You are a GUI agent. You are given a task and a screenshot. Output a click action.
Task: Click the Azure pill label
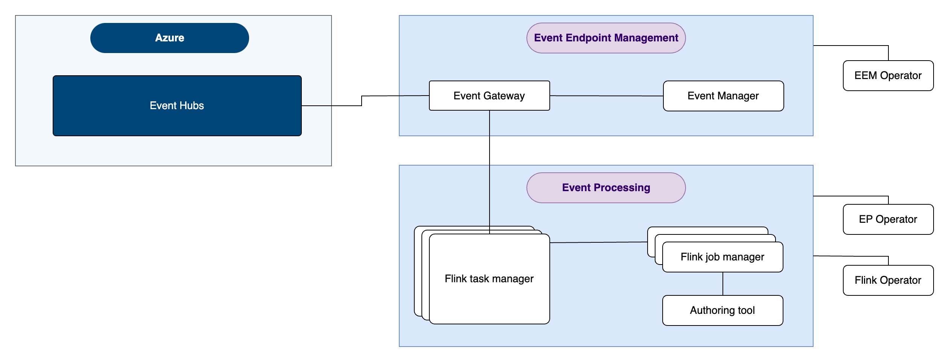(x=169, y=38)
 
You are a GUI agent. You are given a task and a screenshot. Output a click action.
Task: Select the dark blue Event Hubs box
(x=177, y=106)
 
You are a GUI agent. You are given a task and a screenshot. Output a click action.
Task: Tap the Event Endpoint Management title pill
(x=606, y=38)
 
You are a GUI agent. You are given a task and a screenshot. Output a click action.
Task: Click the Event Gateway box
(x=489, y=96)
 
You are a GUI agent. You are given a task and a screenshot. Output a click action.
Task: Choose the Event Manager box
(x=723, y=96)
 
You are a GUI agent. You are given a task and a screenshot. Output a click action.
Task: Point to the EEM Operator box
(x=888, y=76)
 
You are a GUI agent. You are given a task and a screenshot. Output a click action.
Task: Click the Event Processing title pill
(x=606, y=188)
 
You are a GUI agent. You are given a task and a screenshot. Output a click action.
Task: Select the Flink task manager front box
(x=489, y=279)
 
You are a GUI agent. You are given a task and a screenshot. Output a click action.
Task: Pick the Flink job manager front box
(x=722, y=257)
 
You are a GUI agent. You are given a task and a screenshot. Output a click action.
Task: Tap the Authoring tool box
(x=722, y=310)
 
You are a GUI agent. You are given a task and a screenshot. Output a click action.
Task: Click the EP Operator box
(x=888, y=219)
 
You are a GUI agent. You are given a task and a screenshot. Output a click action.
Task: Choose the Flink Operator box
(x=888, y=280)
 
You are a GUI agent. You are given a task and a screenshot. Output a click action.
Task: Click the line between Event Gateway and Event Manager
(x=607, y=96)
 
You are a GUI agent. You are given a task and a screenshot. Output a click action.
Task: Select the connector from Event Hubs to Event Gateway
(x=362, y=100)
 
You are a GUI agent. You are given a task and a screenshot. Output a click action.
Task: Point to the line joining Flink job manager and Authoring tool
(x=723, y=284)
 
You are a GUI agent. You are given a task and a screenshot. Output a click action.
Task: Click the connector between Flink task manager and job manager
(x=599, y=242)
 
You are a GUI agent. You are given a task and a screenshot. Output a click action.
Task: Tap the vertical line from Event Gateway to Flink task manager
(x=490, y=172)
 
